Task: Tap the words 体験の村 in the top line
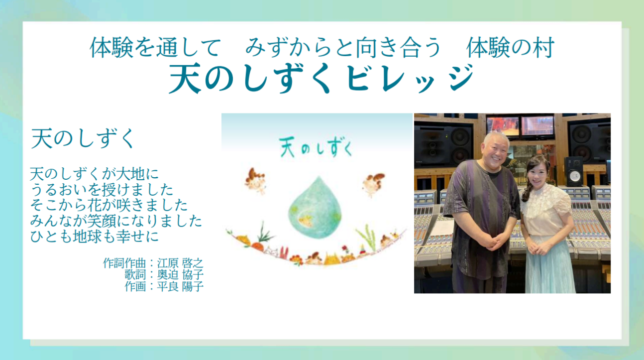(510, 48)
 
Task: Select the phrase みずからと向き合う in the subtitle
(343, 48)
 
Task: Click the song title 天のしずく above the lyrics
(83, 138)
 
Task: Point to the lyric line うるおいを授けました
(102, 190)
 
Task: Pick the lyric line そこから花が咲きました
(109, 205)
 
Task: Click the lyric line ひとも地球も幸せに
(94, 237)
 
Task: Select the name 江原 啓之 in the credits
(180, 263)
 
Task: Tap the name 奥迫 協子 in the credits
(180, 274)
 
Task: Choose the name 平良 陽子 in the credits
(180, 286)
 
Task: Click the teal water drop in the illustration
(315, 207)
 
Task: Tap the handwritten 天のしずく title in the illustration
(316, 147)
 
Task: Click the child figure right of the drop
(373, 184)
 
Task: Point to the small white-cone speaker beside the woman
(574, 172)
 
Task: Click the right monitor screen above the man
(537, 126)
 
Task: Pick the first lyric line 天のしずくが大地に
(94, 174)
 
